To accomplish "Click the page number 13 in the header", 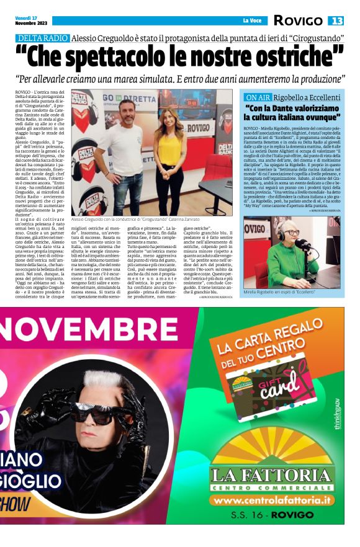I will pyautogui.click(x=336, y=21).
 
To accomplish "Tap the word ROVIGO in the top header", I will pyautogui.click(x=297, y=21).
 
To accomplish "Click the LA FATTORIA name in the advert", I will pyautogui.click(x=272, y=476).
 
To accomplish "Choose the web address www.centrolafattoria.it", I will pyautogui.click(x=272, y=500).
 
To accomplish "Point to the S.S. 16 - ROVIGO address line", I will pyautogui.click(x=272, y=515).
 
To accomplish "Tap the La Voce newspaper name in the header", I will pyautogui.click(x=251, y=21).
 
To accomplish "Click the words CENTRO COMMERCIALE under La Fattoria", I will pyautogui.click(x=272, y=487).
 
